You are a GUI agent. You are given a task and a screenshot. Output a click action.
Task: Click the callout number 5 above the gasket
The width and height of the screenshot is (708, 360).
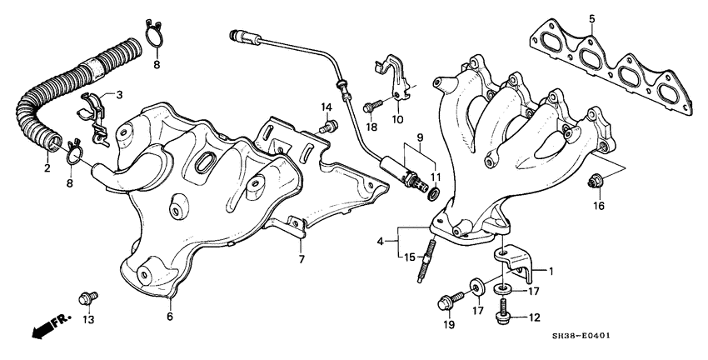coord(591,18)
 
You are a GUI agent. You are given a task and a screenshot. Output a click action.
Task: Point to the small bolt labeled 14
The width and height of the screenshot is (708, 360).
coord(330,126)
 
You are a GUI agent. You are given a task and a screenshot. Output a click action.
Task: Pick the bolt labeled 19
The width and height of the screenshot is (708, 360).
coord(444,302)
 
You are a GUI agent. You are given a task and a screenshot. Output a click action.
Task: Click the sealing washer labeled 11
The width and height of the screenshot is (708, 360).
coord(433,194)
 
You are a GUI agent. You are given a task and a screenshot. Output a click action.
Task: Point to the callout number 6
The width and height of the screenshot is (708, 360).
coord(169,317)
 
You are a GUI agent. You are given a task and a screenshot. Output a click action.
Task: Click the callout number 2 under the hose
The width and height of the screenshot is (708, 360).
coord(47,168)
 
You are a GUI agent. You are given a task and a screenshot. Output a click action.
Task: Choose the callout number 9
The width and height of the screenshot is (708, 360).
coord(421,137)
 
